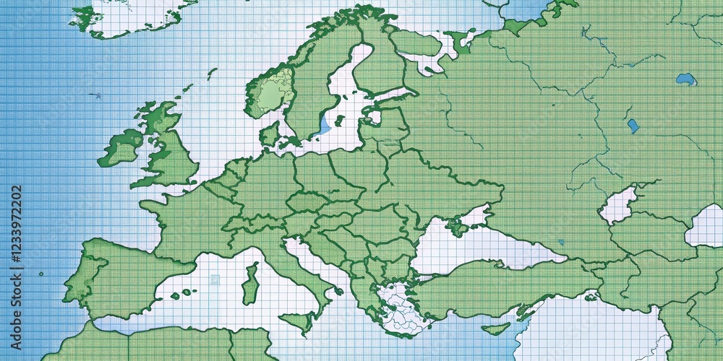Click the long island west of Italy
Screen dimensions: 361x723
tap(250, 284)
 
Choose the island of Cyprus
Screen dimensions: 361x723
tap(495, 329)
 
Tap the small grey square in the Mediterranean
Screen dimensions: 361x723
tap(215, 279)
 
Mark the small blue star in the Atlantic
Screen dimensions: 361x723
tap(95, 95)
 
